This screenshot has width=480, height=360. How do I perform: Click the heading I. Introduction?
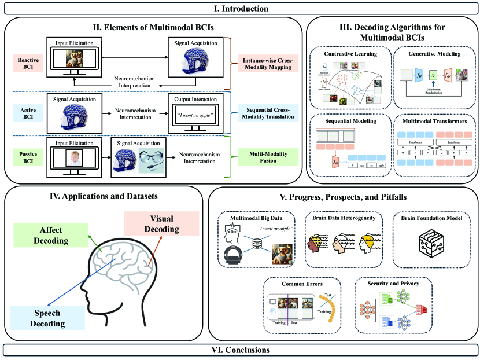(239, 8)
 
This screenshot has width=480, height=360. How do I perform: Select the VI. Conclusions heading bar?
(239, 350)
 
